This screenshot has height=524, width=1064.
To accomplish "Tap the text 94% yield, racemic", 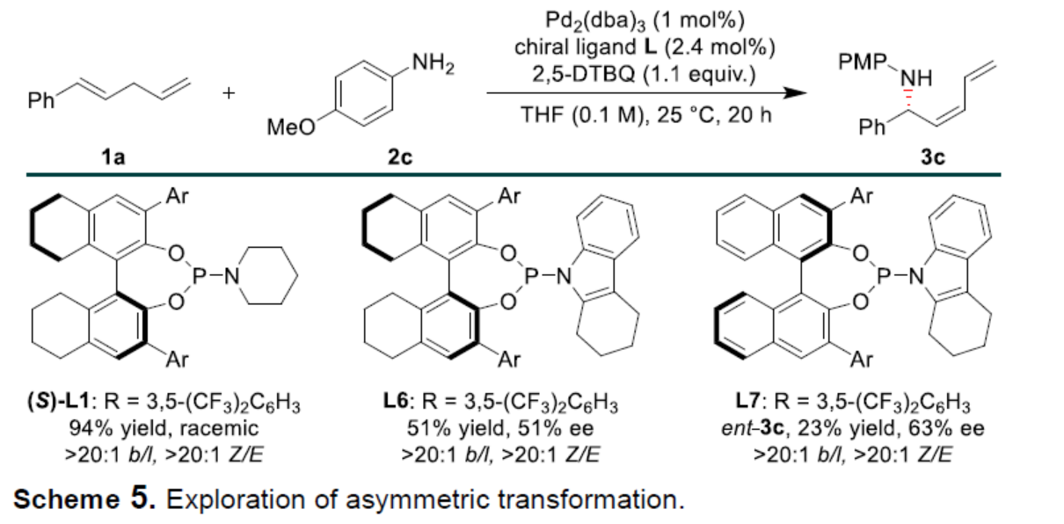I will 166,431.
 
